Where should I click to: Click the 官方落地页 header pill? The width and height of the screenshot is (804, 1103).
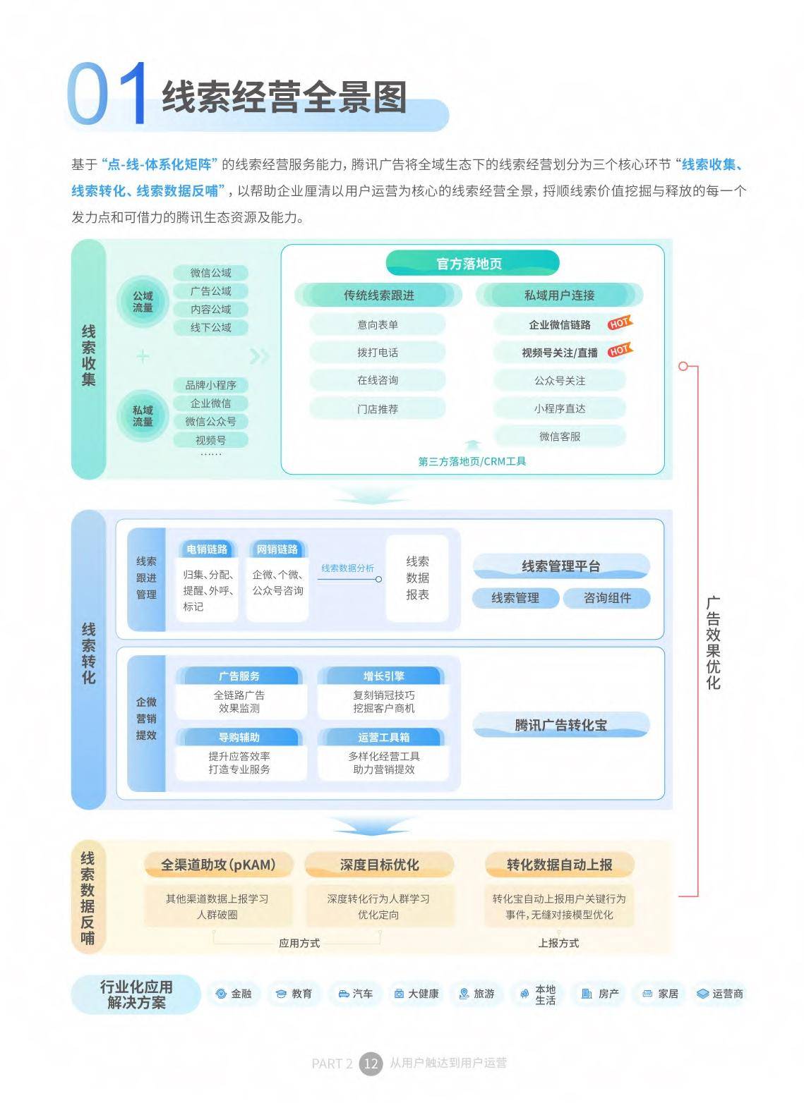point(472,264)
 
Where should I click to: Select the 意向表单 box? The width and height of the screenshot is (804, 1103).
point(378,324)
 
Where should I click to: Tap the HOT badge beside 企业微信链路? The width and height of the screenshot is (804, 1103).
point(620,322)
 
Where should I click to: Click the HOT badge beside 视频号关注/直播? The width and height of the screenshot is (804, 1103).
point(620,350)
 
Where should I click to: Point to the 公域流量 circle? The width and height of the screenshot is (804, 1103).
point(143,302)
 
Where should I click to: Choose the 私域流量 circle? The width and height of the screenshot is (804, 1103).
point(143,415)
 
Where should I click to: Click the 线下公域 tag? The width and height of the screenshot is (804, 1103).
point(210,327)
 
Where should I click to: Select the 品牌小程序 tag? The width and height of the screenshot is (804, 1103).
point(210,385)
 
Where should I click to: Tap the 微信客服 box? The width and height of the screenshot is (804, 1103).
point(560,437)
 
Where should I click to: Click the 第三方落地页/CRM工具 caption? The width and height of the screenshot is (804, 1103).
point(472,461)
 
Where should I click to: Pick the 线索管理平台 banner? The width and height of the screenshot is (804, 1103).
point(561,566)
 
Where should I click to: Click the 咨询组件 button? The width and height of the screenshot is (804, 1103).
point(607,598)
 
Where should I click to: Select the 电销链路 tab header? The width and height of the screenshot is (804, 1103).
point(207,549)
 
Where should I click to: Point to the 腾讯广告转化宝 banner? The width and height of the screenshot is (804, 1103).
point(561,725)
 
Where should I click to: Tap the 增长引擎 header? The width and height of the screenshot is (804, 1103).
point(383,676)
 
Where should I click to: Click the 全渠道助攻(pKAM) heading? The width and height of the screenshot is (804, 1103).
point(218,865)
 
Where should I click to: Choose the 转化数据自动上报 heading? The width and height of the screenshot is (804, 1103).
point(560,865)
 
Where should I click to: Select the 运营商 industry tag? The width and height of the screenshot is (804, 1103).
point(720,994)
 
